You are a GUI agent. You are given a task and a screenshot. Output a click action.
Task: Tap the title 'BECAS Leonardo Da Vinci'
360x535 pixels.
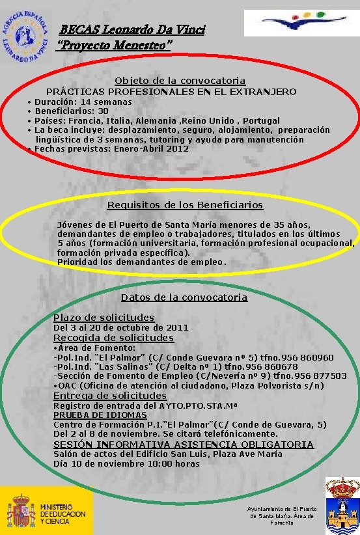click(132, 30)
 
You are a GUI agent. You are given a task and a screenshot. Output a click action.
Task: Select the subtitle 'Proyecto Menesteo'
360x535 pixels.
click(115, 45)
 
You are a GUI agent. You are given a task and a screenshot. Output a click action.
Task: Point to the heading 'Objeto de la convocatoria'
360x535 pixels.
click(180, 81)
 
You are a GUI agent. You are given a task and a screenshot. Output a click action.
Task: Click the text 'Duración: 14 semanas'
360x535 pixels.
click(83, 102)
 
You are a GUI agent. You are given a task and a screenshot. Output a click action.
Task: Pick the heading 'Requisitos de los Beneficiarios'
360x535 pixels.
click(185, 205)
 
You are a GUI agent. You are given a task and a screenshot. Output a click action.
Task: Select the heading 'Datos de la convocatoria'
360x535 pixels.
click(184, 297)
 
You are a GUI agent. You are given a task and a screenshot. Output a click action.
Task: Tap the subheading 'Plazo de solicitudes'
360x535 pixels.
click(104, 318)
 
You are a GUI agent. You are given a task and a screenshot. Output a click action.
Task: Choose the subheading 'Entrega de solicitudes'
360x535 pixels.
click(110, 396)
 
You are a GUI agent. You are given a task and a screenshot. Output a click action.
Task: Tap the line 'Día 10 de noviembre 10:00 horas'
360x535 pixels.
click(126, 464)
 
